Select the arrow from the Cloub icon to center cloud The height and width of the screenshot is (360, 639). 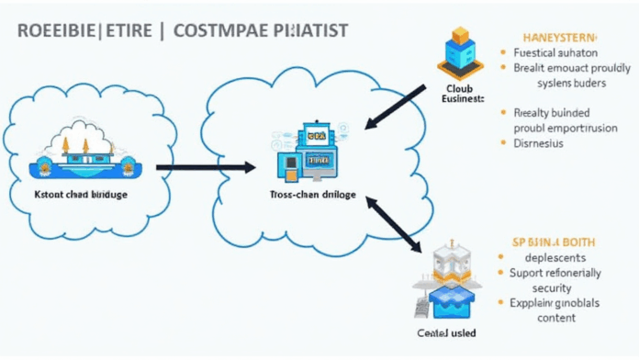[x=396, y=108]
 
